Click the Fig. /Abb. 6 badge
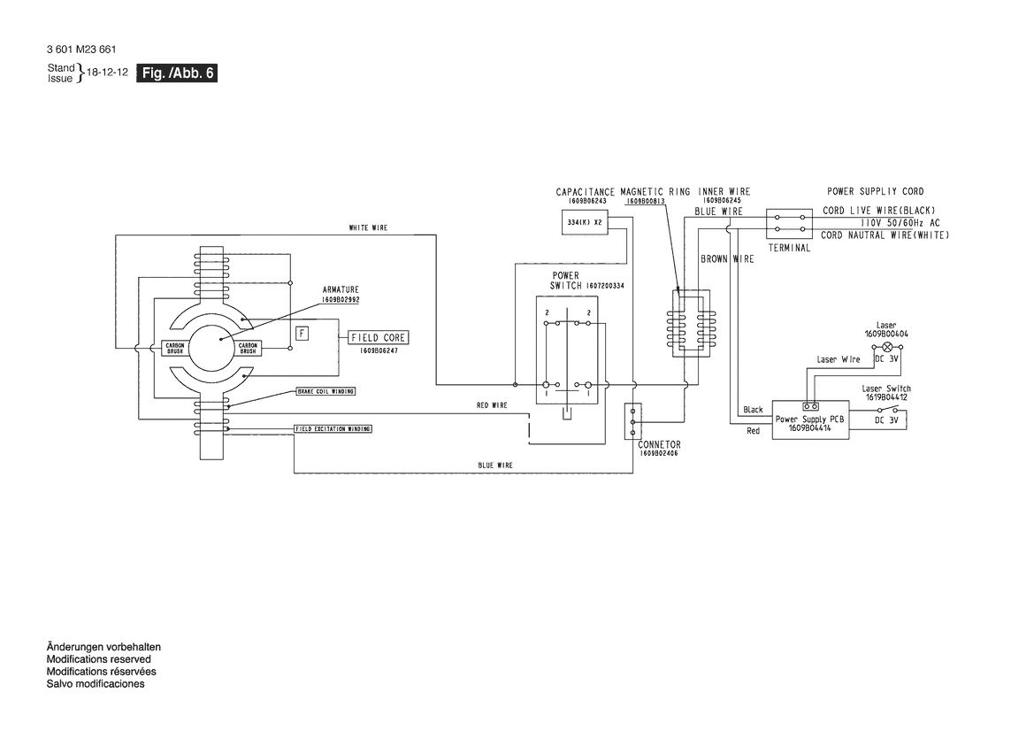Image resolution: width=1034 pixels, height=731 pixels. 177,74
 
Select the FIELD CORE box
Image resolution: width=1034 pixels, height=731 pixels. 378,338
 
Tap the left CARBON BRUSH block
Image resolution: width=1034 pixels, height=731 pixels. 174,348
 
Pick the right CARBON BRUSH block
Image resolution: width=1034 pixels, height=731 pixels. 248,348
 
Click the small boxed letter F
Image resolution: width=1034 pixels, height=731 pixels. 303,333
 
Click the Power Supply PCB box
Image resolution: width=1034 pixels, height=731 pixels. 809,420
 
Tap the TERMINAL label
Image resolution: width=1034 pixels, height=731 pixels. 789,249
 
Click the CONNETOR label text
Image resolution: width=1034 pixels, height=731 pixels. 659,444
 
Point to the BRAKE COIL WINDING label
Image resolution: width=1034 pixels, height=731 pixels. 332,390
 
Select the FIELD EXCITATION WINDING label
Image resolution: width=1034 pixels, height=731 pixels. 333,428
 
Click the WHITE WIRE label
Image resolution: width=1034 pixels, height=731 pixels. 368,228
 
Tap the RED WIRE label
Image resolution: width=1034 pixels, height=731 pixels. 492,405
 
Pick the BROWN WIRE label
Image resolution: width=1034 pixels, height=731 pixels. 727,259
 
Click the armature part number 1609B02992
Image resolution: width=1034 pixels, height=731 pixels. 341,300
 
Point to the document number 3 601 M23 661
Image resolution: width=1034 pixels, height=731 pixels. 80,50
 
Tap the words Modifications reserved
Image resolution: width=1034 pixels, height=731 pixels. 98,659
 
